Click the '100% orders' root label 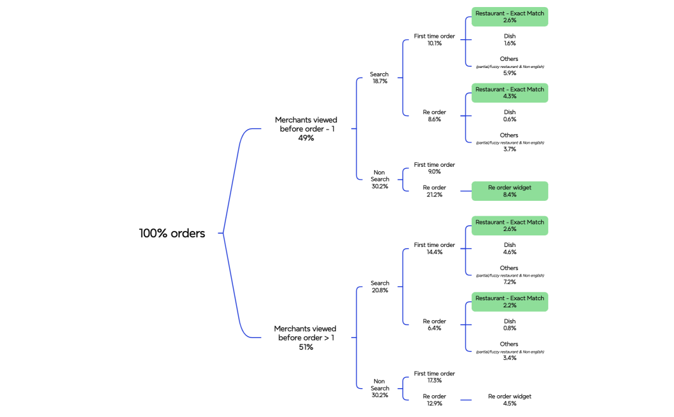click(172, 234)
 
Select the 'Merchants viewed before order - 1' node click(306, 129)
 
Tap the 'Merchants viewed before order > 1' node click(306, 338)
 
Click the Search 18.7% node click(379, 78)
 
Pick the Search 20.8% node click(379, 287)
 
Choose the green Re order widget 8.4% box click(510, 191)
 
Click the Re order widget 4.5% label click(510, 400)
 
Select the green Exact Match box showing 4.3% click(510, 93)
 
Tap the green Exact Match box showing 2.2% click(510, 302)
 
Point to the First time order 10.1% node click(435, 40)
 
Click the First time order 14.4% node click(435, 248)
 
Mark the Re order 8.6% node click(435, 115)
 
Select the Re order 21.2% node click(435, 191)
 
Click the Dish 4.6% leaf click(510, 248)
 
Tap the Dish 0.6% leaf click(510, 115)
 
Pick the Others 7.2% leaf click(510, 275)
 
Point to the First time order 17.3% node click(435, 377)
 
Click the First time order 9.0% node click(435, 168)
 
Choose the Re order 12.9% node click(435, 400)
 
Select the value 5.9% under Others click(510, 73)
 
